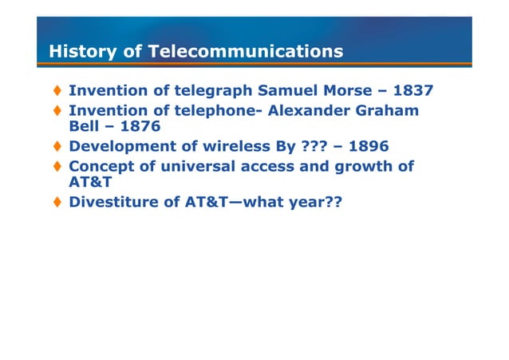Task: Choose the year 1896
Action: click(x=364, y=147)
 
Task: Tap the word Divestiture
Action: click(x=112, y=203)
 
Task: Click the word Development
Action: click(x=119, y=147)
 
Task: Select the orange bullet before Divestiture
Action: click(x=58, y=203)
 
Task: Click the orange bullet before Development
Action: click(x=58, y=147)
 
